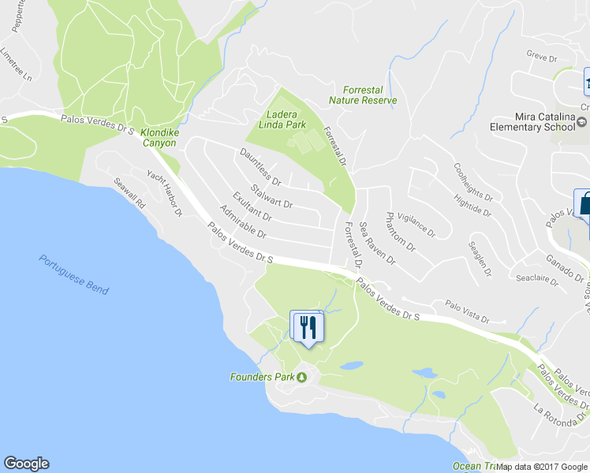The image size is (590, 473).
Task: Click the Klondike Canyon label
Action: (x=160, y=138)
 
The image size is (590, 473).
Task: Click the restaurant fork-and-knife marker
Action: (x=308, y=326)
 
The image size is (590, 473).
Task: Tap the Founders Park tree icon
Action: (x=301, y=377)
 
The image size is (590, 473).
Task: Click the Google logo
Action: (x=26, y=464)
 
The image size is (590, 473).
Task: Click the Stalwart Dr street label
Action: (x=271, y=196)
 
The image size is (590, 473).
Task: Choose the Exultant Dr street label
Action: (x=252, y=207)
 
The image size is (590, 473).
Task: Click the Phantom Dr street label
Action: (x=401, y=231)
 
